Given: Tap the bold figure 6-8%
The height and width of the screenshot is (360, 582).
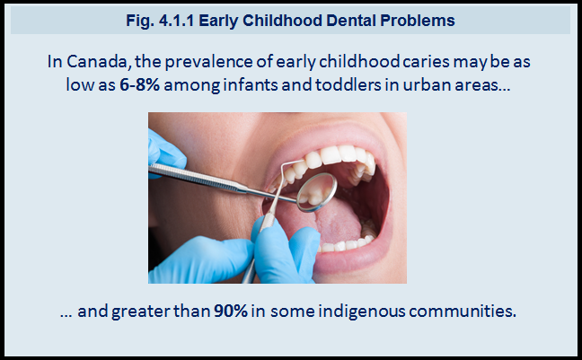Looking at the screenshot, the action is coord(139,85).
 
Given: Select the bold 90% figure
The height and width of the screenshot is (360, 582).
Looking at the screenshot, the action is coord(231,311).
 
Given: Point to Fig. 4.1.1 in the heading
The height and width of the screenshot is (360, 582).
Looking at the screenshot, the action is coord(160,21).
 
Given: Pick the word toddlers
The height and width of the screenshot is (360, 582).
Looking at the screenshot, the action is coord(348,85).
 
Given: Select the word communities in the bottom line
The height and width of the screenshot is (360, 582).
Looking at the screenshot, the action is coord(463,311).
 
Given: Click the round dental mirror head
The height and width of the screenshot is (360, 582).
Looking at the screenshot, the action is coord(317,192).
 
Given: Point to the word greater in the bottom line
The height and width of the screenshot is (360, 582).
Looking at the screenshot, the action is coord(141,312).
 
